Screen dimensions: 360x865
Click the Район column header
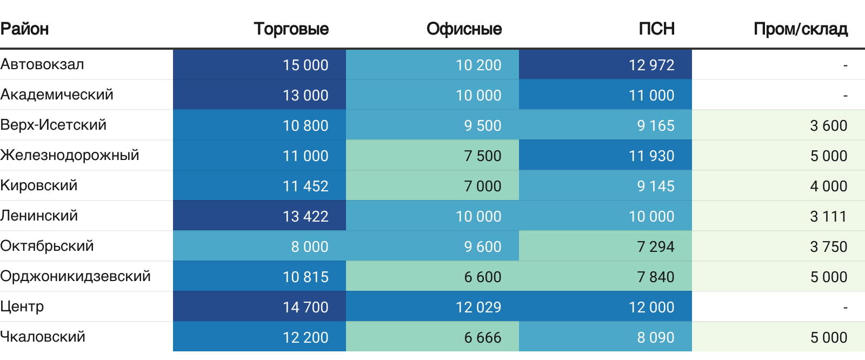click(25, 29)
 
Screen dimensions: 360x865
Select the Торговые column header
click(291, 29)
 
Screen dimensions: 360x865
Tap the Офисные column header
click(464, 29)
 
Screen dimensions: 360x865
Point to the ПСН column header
click(656, 29)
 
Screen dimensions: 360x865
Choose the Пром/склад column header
click(800, 29)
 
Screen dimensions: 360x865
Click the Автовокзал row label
click(42, 64)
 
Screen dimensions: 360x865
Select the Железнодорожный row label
click(70, 155)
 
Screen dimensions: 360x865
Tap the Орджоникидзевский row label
click(75, 276)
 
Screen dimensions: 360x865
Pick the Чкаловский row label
click(43, 337)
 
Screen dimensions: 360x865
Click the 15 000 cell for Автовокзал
click(305, 65)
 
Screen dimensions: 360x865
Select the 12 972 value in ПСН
click(651, 65)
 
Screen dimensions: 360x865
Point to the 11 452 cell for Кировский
click(305, 186)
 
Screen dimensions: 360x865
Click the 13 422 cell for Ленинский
click(305, 216)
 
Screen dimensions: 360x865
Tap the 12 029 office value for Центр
click(478, 307)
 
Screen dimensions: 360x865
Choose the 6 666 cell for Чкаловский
click(483, 337)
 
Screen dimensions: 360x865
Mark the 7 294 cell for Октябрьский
click(656, 246)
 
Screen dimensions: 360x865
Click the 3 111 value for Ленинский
click(829, 216)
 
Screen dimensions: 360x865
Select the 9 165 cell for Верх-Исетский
click(656, 125)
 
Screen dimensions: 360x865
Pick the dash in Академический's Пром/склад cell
click(846, 96)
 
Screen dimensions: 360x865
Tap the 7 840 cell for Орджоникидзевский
click(656, 277)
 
